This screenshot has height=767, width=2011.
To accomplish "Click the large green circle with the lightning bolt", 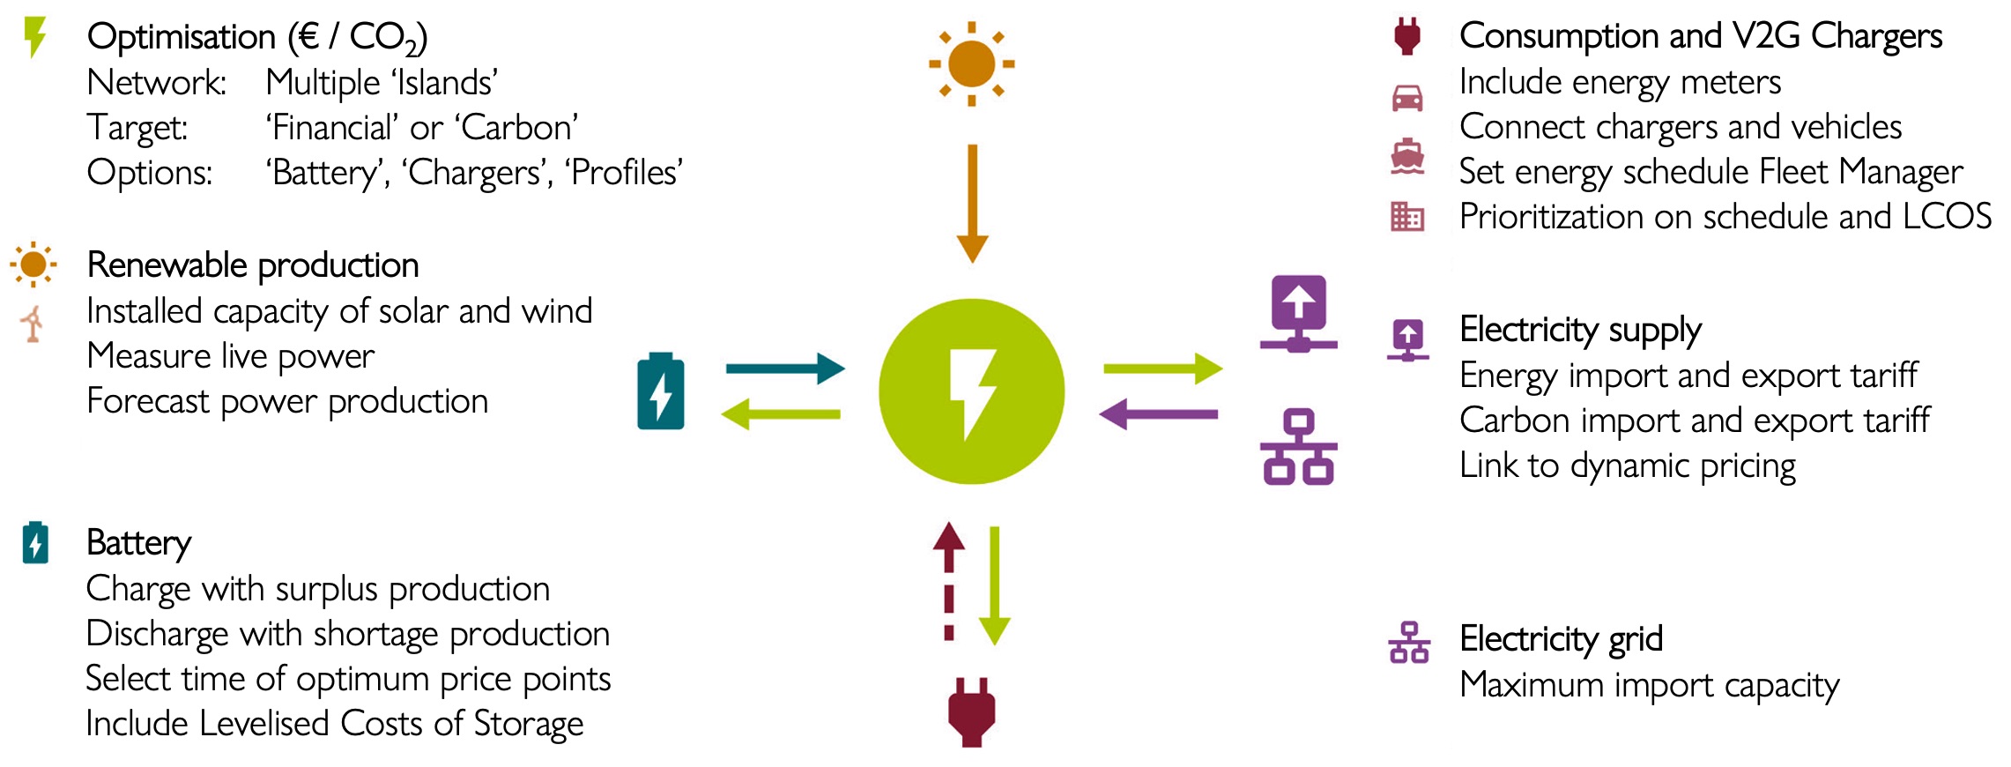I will [971, 391].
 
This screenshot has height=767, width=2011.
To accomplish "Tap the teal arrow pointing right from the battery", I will [785, 369].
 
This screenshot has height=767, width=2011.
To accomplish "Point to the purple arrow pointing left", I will [1159, 413].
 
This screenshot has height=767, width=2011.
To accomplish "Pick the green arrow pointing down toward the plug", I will [994, 585].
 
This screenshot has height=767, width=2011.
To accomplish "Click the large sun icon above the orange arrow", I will [971, 64].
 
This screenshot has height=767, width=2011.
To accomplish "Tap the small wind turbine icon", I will [33, 324].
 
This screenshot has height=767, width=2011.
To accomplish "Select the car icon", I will [1406, 98].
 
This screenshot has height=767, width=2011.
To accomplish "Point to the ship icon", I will [1406, 157].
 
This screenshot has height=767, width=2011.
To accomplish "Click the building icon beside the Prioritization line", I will [1406, 216].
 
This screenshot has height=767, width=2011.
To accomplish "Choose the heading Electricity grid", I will [1561, 638].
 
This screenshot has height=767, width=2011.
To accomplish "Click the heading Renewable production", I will [253, 265].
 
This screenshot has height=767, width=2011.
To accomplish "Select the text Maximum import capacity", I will [1649, 685].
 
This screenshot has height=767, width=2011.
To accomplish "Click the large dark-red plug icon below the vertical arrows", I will [971, 712].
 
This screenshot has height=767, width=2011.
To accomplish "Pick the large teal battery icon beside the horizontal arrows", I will [661, 391].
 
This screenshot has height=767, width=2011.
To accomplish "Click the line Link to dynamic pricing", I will [1627, 465].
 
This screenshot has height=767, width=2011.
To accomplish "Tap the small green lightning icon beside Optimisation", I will [34, 37].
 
